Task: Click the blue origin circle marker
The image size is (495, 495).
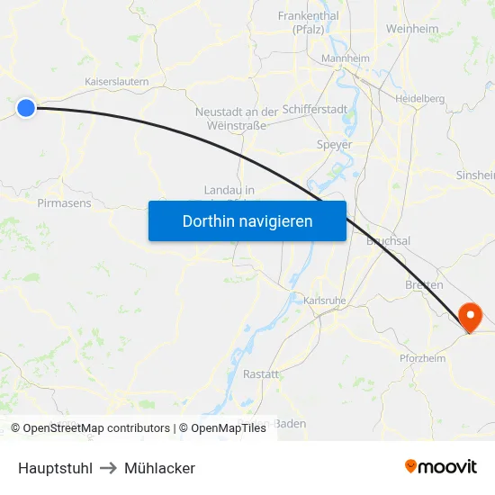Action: [x=26, y=108]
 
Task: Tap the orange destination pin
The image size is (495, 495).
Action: [x=470, y=317]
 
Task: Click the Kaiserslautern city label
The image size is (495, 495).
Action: [x=116, y=81]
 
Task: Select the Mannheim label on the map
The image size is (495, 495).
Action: [x=346, y=58]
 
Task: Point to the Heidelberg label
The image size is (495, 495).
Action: [x=419, y=98]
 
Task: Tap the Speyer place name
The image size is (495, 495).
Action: [x=334, y=144]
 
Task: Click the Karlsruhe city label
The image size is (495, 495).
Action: [x=326, y=300]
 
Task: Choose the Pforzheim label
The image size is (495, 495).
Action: [x=422, y=358]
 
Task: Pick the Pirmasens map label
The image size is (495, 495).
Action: [x=64, y=203]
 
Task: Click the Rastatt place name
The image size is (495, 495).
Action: [x=261, y=373]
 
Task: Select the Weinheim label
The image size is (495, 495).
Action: [x=412, y=29]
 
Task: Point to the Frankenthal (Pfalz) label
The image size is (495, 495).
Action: [x=308, y=22]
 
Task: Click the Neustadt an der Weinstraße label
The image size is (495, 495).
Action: [x=237, y=118]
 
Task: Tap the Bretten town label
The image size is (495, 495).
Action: [x=424, y=284]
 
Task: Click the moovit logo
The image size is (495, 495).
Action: [x=441, y=467]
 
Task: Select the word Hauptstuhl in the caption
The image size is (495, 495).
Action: [x=55, y=468]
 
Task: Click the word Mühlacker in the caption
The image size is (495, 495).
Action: [x=159, y=468]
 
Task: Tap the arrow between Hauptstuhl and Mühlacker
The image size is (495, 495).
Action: [x=108, y=468]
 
